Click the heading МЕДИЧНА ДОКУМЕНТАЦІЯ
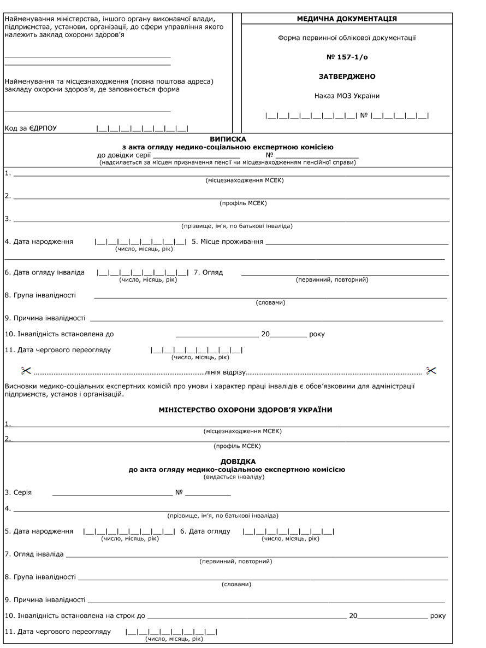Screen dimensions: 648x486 pyautogui.click(x=347, y=19)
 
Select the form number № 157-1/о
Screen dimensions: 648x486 pyautogui.click(x=347, y=57)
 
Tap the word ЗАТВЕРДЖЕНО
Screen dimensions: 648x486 pyautogui.click(x=347, y=77)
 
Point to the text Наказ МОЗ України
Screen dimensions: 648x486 pyautogui.click(x=347, y=96)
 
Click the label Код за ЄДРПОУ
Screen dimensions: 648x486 pyautogui.click(x=31, y=129)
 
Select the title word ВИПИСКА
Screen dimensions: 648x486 pyautogui.click(x=228, y=139)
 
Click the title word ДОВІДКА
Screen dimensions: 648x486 pyautogui.click(x=238, y=462)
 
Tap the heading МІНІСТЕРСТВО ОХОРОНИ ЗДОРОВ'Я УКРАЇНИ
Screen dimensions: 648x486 pyautogui.click(x=245, y=410)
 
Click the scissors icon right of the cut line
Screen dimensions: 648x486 pyautogui.click(x=431, y=371)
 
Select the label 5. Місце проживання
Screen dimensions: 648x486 pyautogui.click(x=228, y=241)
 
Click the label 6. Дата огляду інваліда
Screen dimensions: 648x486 pyautogui.click(x=45, y=272)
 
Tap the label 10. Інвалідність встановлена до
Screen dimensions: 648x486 pyautogui.click(x=60, y=334)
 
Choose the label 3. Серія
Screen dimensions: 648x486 pyautogui.click(x=18, y=492)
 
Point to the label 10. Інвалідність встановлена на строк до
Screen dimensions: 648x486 pyautogui.click(x=75, y=616)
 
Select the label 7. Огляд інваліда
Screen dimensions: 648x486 pyautogui.click(x=34, y=554)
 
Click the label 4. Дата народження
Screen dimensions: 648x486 pyautogui.click(x=39, y=241)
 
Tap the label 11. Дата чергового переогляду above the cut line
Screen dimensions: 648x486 pyautogui.click(x=58, y=350)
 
